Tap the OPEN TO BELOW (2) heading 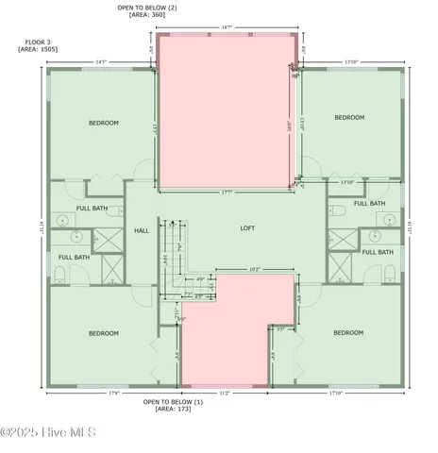pyautogui.click(x=147, y=8)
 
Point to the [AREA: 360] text pyautogui.click(x=147, y=15)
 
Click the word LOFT pyautogui.click(x=248, y=228)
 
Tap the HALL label pyautogui.click(x=142, y=230)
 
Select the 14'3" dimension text pyautogui.click(x=101, y=62)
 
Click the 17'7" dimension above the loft pyautogui.click(x=227, y=192)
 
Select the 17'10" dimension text pyautogui.click(x=337, y=392)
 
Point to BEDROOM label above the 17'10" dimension pyautogui.click(x=348, y=332)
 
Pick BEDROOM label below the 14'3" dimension pyautogui.click(x=103, y=123)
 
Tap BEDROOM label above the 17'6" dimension pyautogui.click(x=103, y=333)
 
